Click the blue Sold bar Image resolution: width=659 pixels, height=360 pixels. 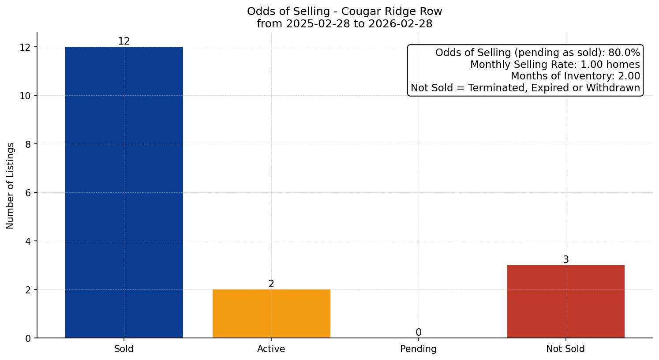pos(124,192)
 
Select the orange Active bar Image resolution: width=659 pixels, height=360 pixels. pos(271,314)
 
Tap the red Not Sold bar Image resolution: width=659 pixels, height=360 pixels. pos(565,302)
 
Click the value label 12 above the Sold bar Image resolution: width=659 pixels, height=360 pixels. pos(124,41)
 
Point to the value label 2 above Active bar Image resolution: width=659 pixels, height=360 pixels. pos(271,284)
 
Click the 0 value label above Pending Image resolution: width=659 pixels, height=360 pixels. pos(418,333)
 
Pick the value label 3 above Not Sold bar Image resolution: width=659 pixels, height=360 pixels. pos(565,260)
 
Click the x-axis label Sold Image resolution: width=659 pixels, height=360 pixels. pos(124,349)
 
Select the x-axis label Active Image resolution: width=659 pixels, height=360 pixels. pos(271,349)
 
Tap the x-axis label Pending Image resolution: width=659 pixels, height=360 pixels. pos(418,349)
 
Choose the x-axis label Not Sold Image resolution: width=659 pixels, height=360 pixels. pos(565,349)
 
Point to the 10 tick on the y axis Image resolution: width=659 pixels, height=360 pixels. pos(25,96)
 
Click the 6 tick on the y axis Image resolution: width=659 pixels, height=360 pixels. pos(28,193)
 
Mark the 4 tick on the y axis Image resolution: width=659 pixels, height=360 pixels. pos(28,241)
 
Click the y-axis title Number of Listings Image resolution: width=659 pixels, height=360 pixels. pos(11,185)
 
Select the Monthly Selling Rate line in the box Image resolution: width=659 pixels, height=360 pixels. pos(555,65)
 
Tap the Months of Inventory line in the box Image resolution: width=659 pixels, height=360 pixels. pos(575,76)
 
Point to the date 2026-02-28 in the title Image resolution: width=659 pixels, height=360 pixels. pos(401,24)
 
